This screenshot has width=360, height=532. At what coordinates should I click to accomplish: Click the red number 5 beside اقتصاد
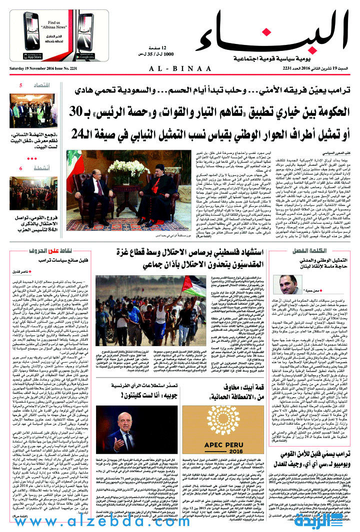21,85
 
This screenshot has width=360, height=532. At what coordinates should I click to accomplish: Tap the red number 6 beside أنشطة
21,168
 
